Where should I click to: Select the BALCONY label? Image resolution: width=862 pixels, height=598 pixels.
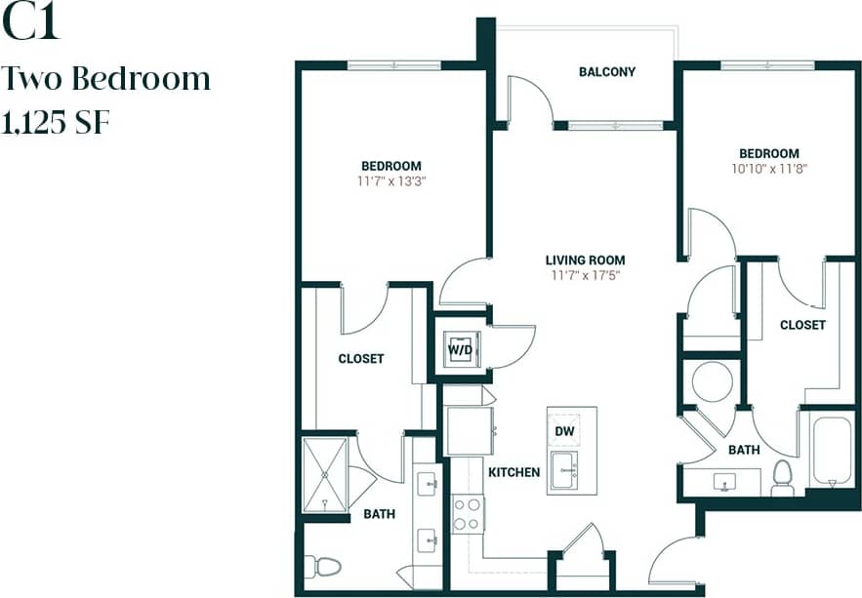pyautogui.click(x=606, y=72)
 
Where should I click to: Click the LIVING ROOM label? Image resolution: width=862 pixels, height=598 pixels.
pyautogui.click(x=585, y=260)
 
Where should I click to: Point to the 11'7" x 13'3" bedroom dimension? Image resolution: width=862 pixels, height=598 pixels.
pyautogui.click(x=390, y=180)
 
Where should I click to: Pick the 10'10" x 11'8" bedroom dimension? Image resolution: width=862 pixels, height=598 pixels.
pyautogui.click(x=768, y=168)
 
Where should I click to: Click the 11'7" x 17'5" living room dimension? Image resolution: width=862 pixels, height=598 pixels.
pyautogui.click(x=585, y=275)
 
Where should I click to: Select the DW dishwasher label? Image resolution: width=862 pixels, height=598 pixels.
pyautogui.click(x=565, y=430)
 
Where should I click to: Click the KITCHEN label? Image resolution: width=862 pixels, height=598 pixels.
pyautogui.click(x=513, y=472)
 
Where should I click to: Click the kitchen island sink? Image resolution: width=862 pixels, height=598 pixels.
pyautogui.click(x=565, y=470)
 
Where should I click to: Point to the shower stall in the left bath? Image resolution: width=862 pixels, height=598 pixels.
pyautogui.click(x=324, y=474)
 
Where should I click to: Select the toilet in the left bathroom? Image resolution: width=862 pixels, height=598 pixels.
pyautogui.click(x=323, y=566)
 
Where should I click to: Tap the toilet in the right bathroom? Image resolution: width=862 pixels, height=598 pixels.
pyautogui.click(x=782, y=477)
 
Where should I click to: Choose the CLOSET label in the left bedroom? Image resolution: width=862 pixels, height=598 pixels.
pyautogui.click(x=360, y=359)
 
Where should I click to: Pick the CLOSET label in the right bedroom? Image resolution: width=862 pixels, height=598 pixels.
pyautogui.click(x=802, y=325)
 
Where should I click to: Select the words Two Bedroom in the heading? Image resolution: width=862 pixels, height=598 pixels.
pyautogui.click(x=106, y=78)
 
